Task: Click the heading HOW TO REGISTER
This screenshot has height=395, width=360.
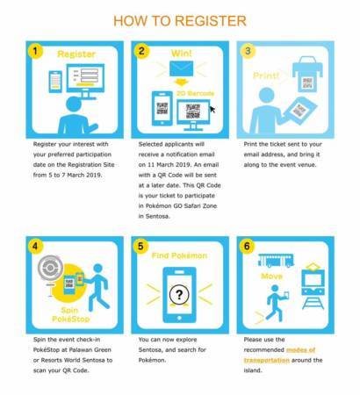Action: tap(180, 21)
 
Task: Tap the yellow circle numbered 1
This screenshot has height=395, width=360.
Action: tap(35, 52)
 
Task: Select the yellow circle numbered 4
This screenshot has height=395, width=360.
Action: tap(35, 246)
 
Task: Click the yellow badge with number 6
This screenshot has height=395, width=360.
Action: tap(247, 246)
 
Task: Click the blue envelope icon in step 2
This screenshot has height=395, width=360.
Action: tap(182, 68)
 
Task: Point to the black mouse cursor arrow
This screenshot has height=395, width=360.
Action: tap(212, 110)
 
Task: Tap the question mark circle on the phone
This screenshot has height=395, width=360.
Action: tap(179, 295)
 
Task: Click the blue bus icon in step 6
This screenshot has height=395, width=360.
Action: tap(276, 261)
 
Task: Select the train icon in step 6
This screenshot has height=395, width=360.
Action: tap(313, 286)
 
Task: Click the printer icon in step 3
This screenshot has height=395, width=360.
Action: tap(307, 74)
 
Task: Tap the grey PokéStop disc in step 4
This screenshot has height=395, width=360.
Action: tap(50, 268)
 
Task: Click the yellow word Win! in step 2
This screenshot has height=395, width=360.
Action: tap(182, 54)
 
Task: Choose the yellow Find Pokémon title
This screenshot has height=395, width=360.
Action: tap(179, 255)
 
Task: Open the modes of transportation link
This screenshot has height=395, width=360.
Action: tap(280, 355)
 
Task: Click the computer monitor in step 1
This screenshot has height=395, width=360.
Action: tap(85, 81)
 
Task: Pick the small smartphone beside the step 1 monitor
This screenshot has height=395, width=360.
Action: tap(55, 82)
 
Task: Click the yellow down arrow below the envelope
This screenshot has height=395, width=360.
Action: tap(181, 83)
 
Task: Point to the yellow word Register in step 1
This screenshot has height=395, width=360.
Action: tap(76, 54)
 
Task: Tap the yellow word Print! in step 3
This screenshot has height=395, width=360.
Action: tap(266, 75)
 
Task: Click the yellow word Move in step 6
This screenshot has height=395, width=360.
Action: tap(271, 276)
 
